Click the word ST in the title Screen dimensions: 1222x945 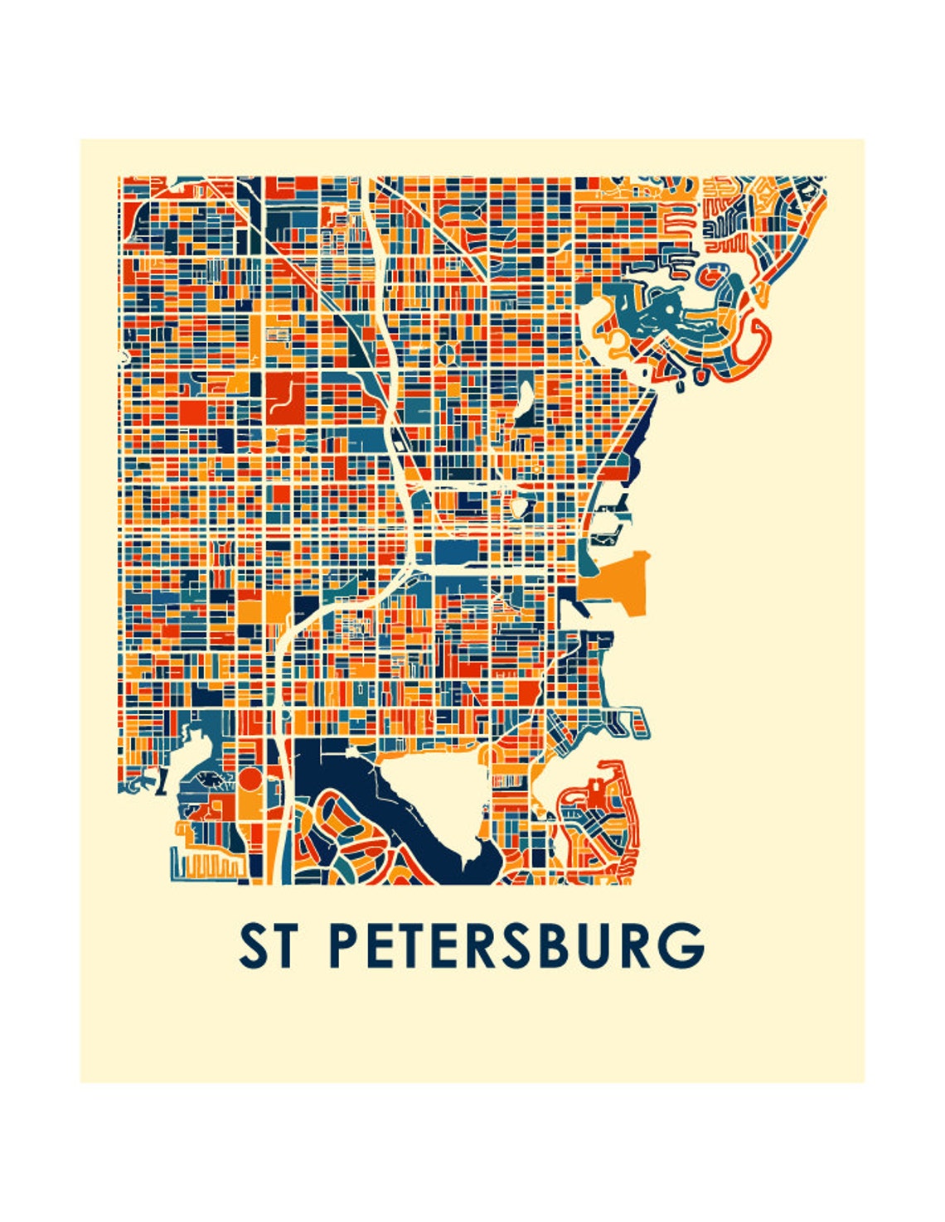(x=266, y=946)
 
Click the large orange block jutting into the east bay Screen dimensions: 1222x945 (x=618, y=584)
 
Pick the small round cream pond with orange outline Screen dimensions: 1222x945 (x=519, y=505)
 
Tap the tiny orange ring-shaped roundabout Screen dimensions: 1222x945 (x=536, y=470)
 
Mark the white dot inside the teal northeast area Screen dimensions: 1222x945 (x=667, y=309)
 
